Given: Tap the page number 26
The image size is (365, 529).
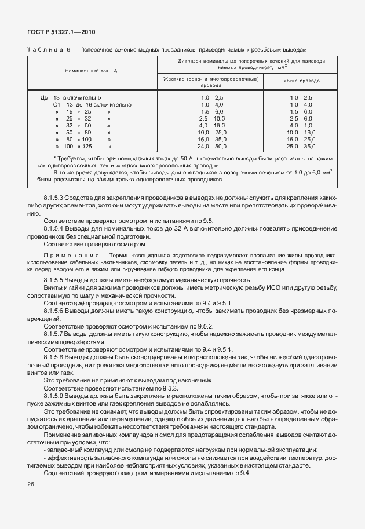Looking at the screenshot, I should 31,484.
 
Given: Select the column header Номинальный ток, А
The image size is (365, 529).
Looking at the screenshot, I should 91,70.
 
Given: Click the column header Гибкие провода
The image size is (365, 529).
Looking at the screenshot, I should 301,81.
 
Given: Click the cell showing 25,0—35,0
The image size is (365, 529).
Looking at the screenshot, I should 301,147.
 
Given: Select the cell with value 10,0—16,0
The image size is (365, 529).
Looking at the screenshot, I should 301,133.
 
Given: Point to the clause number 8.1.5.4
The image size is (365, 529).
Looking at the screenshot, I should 56,228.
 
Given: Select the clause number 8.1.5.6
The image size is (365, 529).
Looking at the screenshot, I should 56,311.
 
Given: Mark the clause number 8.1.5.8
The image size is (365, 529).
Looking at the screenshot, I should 56,358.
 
